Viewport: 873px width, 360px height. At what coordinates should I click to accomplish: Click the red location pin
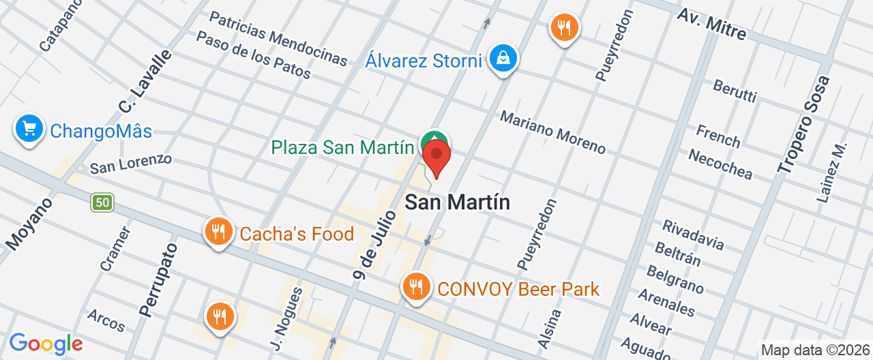(x=436, y=155)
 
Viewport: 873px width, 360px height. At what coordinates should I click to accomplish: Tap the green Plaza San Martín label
(x=342, y=147)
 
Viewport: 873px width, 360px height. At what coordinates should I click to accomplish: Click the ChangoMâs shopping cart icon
(x=29, y=128)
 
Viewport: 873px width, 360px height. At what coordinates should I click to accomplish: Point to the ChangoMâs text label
(x=101, y=132)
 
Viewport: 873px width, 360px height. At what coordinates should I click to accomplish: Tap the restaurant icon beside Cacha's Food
(x=218, y=232)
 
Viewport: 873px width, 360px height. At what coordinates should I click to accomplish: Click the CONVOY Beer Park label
(x=518, y=289)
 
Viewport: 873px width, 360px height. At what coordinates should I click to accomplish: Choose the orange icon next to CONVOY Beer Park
(x=416, y=286)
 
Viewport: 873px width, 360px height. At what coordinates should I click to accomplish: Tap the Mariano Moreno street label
(x=552, y=132)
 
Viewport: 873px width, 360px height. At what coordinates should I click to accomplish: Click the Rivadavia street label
(x=693, y=234)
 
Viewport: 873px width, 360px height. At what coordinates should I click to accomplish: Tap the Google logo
(x=46, y=344)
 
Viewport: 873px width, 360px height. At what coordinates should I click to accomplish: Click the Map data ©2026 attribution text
(x=816, y=350)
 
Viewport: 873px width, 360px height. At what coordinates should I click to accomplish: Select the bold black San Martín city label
(x=458, y=202)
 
